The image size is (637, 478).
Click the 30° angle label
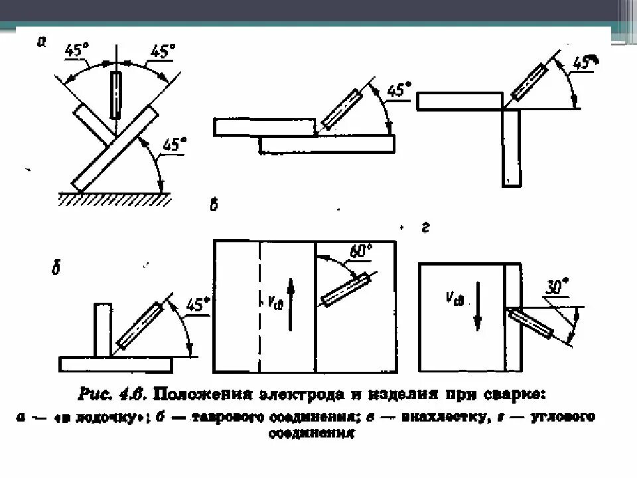click(x=555, y=287)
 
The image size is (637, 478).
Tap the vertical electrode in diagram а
click(x=117, y=95)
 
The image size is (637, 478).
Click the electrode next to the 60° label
click(x=345, y=290)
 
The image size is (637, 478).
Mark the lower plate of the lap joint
click(x=326, y=143)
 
